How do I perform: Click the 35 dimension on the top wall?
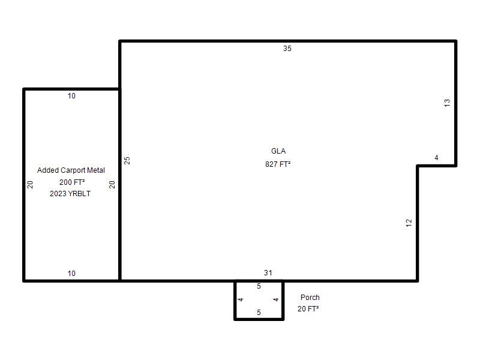tap(287, 49)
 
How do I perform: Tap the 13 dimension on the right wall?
tap(447, 103)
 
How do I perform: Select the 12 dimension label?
tap(409, 223)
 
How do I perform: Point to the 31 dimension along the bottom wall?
tap(268, 272)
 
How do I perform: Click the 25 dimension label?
tap(127, 160)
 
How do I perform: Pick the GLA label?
tap(278, 151)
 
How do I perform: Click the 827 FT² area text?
tap(278, 164)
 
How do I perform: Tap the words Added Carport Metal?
tap(71, 170)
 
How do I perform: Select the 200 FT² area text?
tap(72, 182)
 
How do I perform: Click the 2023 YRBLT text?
tap(70, 193)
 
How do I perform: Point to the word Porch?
tap(310, 297)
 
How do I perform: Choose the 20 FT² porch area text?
tap(308, 309)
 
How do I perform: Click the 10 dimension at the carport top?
tap(71, 96)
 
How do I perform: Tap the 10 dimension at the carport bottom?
tap(71, 274)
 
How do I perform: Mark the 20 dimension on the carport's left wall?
tap(30, 184)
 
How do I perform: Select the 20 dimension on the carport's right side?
tap(112, 184)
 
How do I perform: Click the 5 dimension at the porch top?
tap(259, 286)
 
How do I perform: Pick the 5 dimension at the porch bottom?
tap(259, 312)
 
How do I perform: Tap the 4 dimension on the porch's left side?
tap(241, 299)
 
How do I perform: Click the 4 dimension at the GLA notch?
tap(436, 157)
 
